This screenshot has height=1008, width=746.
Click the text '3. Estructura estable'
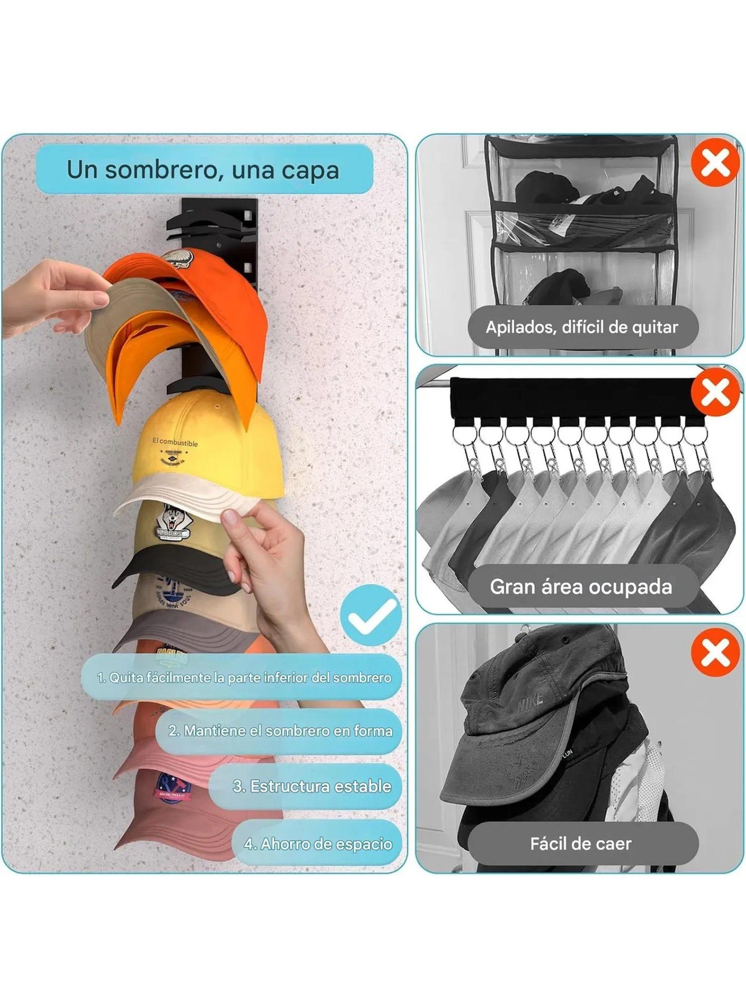(312, 786)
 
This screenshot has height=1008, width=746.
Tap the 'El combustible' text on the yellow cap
(175, 443)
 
